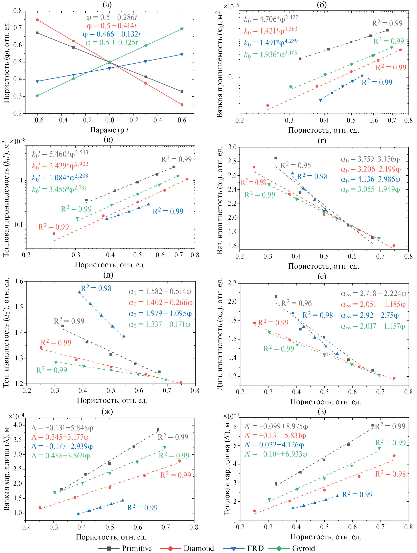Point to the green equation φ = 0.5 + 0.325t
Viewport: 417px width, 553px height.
(x=111, y=43)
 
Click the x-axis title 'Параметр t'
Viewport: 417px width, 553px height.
(x=109, y=130)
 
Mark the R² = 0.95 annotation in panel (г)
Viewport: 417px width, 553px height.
(x=296, y=165)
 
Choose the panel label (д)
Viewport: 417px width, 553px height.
(x=108, y=275)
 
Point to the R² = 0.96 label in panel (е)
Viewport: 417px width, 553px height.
(x=296, y=303)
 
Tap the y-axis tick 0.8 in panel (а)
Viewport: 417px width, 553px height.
(x=18, y=11)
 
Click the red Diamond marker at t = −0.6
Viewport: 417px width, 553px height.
(x=37, y=20)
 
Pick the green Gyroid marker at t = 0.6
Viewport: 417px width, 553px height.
(x=182, y=29)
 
